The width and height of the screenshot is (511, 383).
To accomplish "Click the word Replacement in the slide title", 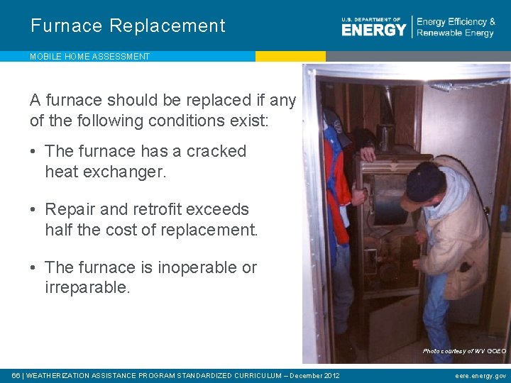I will (x=167, y=26).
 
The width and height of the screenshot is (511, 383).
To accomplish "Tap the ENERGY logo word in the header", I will (x=373, y=29).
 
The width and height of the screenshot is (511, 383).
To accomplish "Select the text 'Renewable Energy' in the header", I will (x=456, y=33).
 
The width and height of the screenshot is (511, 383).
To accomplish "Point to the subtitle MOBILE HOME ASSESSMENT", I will (x=90, y=57).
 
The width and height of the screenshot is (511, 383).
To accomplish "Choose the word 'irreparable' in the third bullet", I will (x=88, y=287).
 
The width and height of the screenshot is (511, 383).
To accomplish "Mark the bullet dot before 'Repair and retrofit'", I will (x=35, y=209).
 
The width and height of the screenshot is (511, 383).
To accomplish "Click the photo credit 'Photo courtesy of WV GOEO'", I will (x=464, y=351).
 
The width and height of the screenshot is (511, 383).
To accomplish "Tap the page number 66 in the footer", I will (x=16, y=375).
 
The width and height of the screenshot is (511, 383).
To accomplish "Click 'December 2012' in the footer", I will (x=315, y=375).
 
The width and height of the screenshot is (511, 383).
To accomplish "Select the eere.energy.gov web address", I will (x=480, y=375).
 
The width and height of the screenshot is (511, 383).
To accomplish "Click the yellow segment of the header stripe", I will (x=290, y=56).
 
